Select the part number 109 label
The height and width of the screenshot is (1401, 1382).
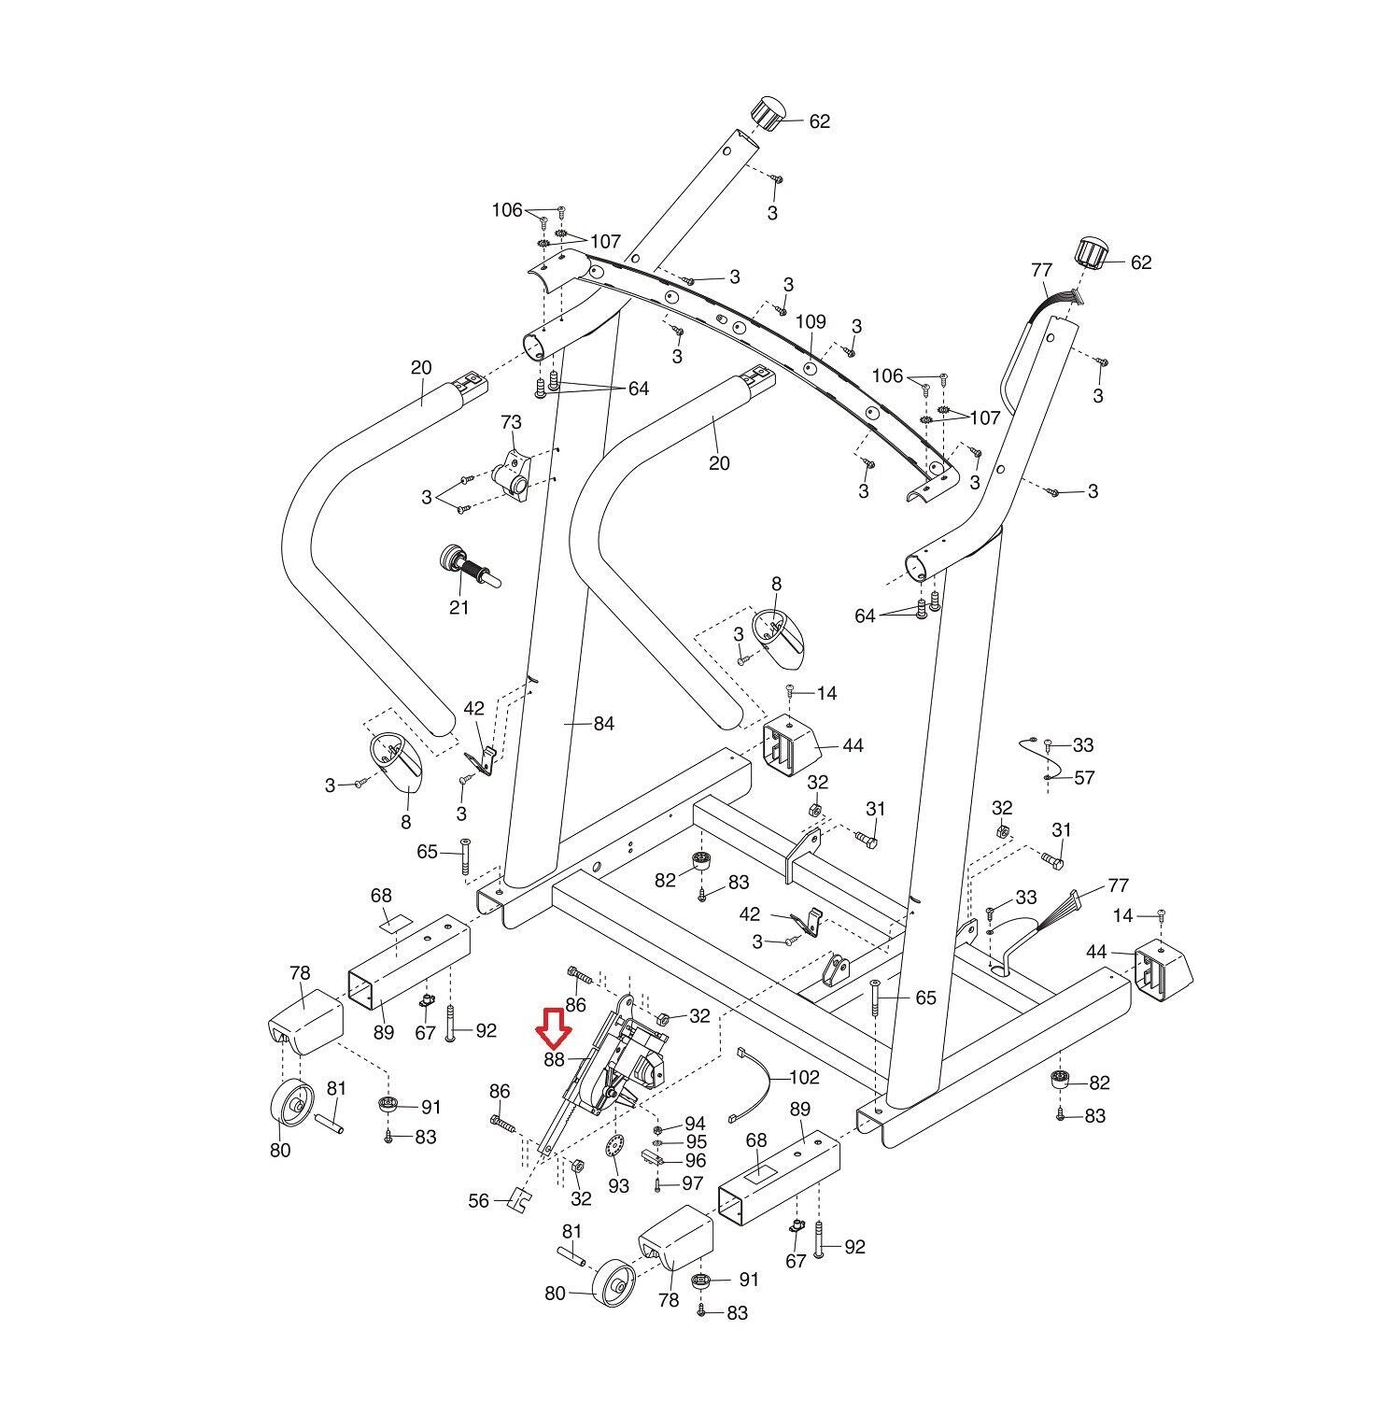(x=811, y=322)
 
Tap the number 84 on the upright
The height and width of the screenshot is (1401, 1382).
(x=604, y=723)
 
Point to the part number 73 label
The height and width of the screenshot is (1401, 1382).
(x=511, y=423)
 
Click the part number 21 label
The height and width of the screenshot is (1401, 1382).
(x=458, y=608)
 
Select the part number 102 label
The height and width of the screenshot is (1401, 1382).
(x=804, y=1077)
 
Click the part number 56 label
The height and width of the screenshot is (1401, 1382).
(x=478, y=1200)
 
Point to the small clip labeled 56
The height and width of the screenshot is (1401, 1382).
(x=518, y=1198)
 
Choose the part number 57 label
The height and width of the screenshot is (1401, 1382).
(x=1084, y=777)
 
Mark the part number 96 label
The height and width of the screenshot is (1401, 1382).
(x=695, y=1161)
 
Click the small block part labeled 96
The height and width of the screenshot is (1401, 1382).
(x=656, y=1157)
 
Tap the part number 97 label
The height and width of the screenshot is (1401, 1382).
(x=692, y=1183)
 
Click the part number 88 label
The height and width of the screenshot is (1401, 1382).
(x=554, y=1059)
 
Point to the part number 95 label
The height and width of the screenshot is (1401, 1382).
(x=697, y=1141)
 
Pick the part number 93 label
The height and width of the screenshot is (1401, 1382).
(x=618, y=1185)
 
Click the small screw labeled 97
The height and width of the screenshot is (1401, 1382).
(x=658, y=1184)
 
